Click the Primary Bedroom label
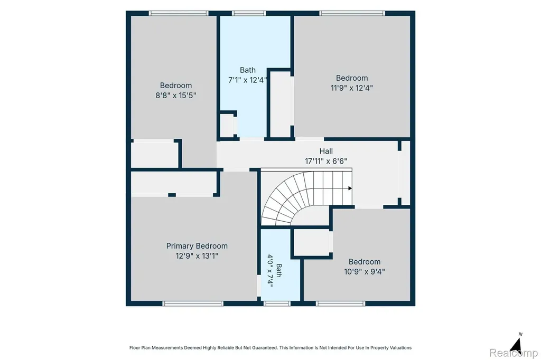pos(197,246)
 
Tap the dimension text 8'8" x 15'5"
pos(175,95)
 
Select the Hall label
pos(326,151)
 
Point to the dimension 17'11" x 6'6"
pos(325,161)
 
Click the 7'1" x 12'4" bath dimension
pos(247,80)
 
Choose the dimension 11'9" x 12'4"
pos(351,88)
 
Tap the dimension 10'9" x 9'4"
pos(365,272)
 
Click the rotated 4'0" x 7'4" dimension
pos(270,271)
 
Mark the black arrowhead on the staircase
pos(350,188)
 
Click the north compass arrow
pos(516,345)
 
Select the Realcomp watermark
pos(514,353)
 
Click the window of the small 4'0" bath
pos(277,304)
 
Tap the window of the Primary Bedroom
pos(193,304)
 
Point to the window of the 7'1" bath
pos(249,13)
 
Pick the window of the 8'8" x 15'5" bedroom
pos(179,13)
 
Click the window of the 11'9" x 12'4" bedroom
pos(352,13)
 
